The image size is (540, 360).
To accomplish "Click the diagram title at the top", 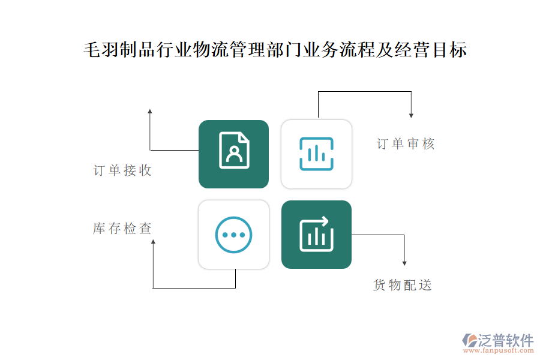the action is click(x=275, y=50).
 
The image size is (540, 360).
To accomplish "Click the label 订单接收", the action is click(x=122, y=170).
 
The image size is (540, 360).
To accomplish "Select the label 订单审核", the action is click(x=406, y=143).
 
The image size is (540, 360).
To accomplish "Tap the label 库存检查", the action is click(x=122, y=229).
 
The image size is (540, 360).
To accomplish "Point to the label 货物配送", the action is click(x=403, y=285).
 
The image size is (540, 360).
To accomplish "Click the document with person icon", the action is click(x=234, y=150).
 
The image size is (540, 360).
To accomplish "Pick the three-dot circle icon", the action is click(x=233, y=235).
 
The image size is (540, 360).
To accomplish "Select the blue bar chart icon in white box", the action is click(x=316, y=154).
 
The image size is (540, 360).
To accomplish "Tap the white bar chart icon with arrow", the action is click(x=316, y=234).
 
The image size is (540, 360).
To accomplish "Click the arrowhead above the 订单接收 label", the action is click(x=150, y=111).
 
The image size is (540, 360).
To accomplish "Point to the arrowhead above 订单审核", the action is click(x=411, y=116).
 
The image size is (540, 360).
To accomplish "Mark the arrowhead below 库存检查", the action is click(x=153, y=242).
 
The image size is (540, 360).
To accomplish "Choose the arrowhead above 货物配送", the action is click(x=404, y=263).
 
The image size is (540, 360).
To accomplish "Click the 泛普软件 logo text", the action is click(x=506, y=340).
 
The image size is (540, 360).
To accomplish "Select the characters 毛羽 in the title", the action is click(x=101, y=50).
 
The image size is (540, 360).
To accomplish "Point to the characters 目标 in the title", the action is click(x=449, y=50).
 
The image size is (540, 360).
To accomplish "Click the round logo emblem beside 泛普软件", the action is click(x=470, y=340).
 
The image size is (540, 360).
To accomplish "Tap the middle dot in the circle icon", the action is click(x=233, y=235).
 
